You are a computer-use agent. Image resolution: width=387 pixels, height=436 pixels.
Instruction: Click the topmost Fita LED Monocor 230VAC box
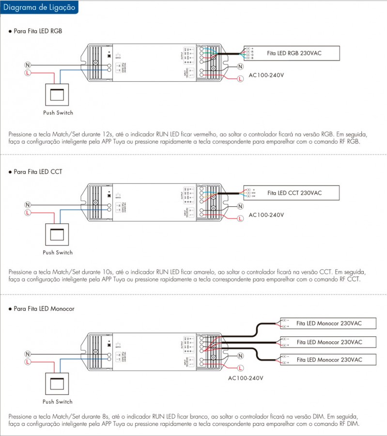click(328, 323)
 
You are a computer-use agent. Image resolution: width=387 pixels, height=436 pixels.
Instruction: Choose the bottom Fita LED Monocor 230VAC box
click(328, 360)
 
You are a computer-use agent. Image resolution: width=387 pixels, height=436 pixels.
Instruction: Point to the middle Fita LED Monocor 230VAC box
click(328, 342)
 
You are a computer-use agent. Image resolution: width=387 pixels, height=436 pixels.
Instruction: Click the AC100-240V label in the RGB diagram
click(266, 75)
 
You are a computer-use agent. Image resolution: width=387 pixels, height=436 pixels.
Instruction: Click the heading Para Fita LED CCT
click(38, 171)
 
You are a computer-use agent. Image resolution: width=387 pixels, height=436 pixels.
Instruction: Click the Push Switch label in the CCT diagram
click(58, 253)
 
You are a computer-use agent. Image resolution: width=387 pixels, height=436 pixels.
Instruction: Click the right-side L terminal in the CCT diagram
click(240, 218)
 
